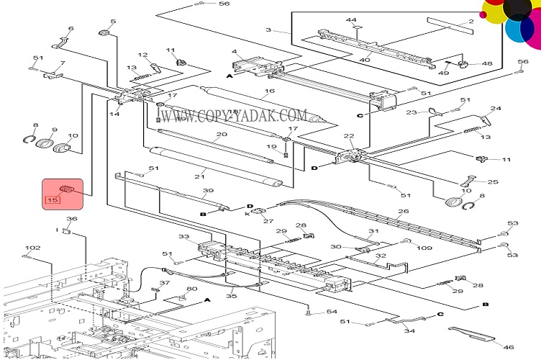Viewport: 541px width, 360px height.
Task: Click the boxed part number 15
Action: pyautogui.click(x=53, y=200)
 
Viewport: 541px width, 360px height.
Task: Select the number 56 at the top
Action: pyautogui.click(x=224, y=4)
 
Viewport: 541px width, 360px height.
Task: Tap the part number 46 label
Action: pyautogui.click(x=509, y=347)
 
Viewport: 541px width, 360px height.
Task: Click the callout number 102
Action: pyautogui.click(x=33, y=248)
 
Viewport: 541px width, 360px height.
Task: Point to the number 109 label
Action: pyautogui.click(x=424, y=248)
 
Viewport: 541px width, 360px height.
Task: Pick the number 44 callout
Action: pyautogui.click(x=351, y=20)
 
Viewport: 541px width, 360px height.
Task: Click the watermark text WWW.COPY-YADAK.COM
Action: pyautogui.click(x=234, y=116)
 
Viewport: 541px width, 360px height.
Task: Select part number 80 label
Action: pyautogui.click(x=192, y=289)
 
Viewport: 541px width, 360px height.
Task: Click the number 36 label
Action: pyautogui.click(x=72, y=218)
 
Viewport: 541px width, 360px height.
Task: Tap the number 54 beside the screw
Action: pyautogui.click(x=332, y=312)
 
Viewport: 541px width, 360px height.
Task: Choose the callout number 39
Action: pyautogui.click(x=208, y=191)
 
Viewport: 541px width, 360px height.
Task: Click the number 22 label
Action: pyautogui.click(x=349, y=135)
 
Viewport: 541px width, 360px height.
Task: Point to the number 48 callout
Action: pyautogui.click(x=487, y=63)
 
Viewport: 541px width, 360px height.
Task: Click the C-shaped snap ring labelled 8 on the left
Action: pyautogui.click(x=29, y=140)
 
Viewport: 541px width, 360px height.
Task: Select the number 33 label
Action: pyautogui.click(x=184, y=236)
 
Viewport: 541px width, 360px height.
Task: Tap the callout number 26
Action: pyautogui.click(x=403, y=211)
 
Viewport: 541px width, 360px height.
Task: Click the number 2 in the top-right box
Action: pyautogui.click(x=471, y=22)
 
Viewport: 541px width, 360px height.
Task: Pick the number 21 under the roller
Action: pyautogui.click(x=199, y=176)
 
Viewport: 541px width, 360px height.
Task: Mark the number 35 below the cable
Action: pyautogui.click(x=232, y=296)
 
